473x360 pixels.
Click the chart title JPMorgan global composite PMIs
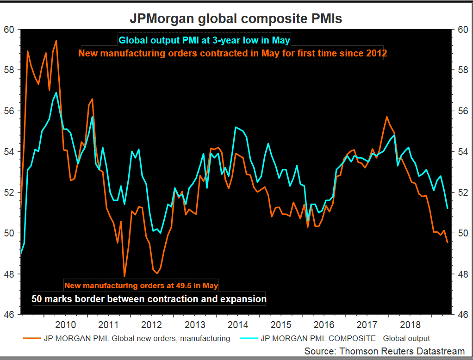pos(236,19)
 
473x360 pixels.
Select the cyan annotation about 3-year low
pos(204,40)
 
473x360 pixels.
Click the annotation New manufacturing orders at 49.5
pos(141,286)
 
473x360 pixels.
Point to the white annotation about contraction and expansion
pos(149,299)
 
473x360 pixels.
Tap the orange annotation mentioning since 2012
pos(233,53)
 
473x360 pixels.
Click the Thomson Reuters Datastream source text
pos(384,351)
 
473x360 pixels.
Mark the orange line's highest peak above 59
pos(56,41)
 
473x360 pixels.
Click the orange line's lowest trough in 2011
pos(124,276)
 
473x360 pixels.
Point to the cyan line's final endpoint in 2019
pos(448,208)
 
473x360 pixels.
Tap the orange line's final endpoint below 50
pos(448,242)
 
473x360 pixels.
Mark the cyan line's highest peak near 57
pos(56,93)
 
